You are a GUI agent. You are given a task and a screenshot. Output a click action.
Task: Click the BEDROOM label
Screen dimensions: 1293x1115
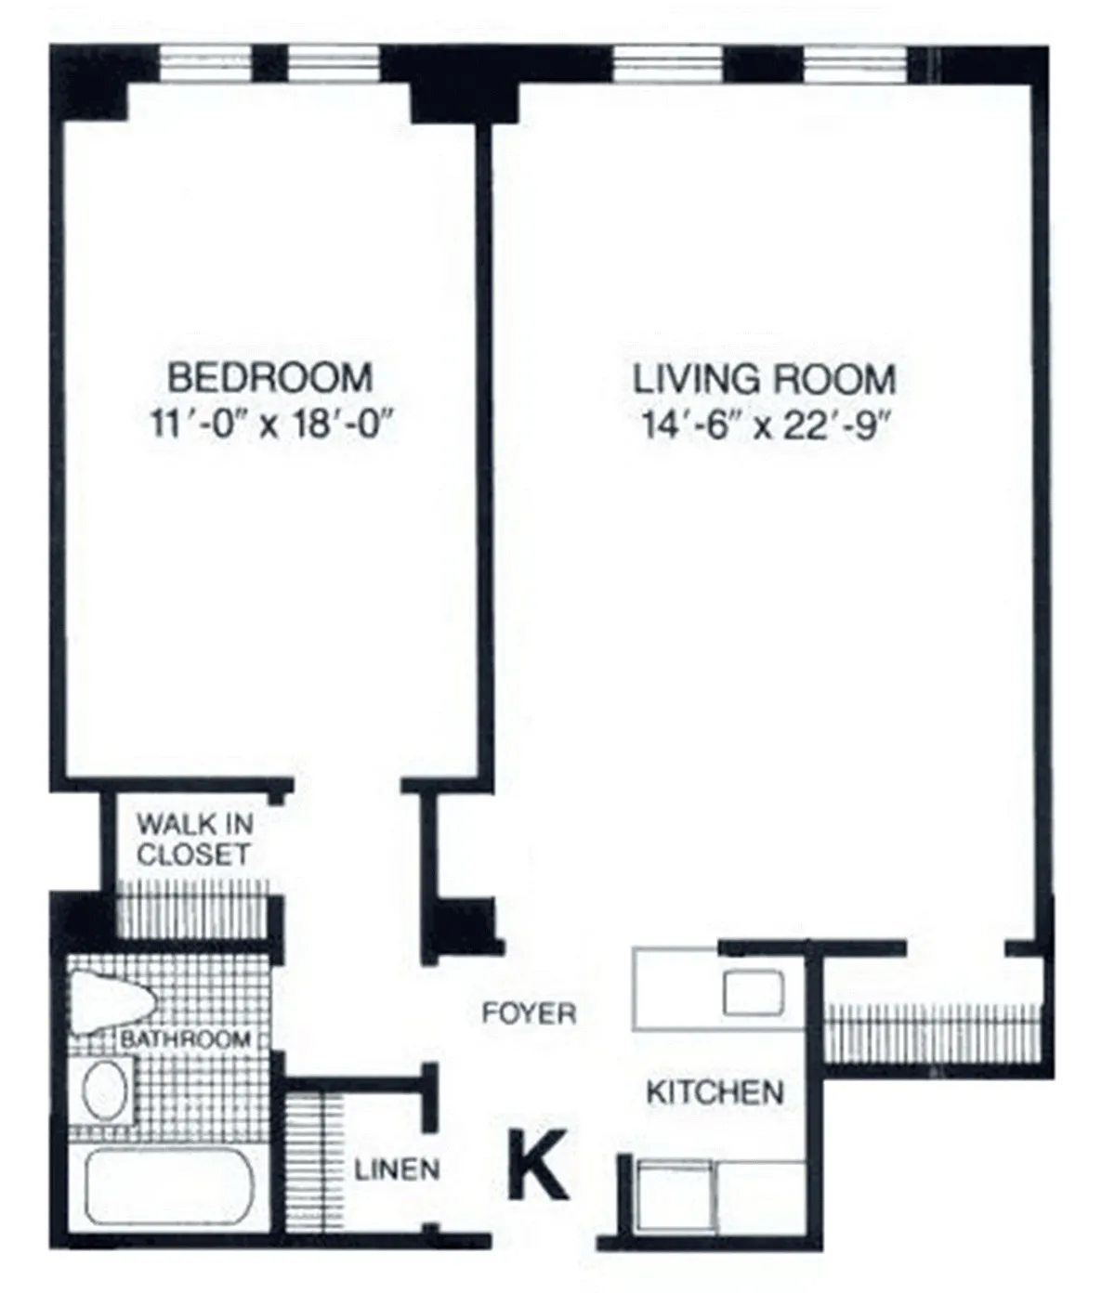point(269,378)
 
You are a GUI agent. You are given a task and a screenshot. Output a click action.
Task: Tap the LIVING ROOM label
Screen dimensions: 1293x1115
point(764,379)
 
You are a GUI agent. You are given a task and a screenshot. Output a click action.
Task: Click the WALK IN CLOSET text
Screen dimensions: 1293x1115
point(194,839)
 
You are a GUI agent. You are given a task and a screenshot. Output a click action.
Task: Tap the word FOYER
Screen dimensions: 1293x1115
point(529,1012)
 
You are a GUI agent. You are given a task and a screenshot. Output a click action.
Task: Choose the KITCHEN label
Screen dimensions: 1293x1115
point(714,1091)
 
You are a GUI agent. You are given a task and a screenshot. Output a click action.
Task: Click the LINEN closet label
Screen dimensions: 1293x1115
point(397,1169)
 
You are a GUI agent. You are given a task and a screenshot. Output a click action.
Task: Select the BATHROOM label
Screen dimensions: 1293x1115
point(185,1038)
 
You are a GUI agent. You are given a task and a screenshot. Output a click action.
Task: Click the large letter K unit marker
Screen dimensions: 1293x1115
point(537,1165)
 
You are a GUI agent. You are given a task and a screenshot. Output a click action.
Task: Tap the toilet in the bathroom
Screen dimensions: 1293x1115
point(110,1001)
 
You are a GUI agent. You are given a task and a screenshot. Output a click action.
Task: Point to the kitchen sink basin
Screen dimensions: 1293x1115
point(754,992)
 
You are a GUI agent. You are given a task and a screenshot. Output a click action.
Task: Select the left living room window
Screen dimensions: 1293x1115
point(667,63)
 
